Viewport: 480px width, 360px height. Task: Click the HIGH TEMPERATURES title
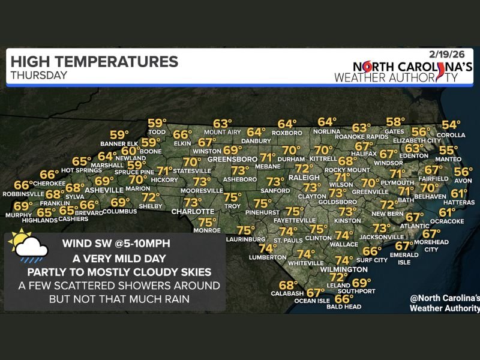[94, 61]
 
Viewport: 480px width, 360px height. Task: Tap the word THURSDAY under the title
[38, 75]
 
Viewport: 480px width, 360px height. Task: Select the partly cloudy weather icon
[28, 247]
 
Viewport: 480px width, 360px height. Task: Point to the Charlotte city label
[193, 212]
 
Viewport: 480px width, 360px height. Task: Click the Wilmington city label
[343, 269]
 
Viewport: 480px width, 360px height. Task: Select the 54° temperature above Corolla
[451, 125]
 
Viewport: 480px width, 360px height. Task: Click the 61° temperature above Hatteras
[459, 193]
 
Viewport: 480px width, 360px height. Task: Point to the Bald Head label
[344, 307]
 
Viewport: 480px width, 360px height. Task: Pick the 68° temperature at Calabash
[288, 285]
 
